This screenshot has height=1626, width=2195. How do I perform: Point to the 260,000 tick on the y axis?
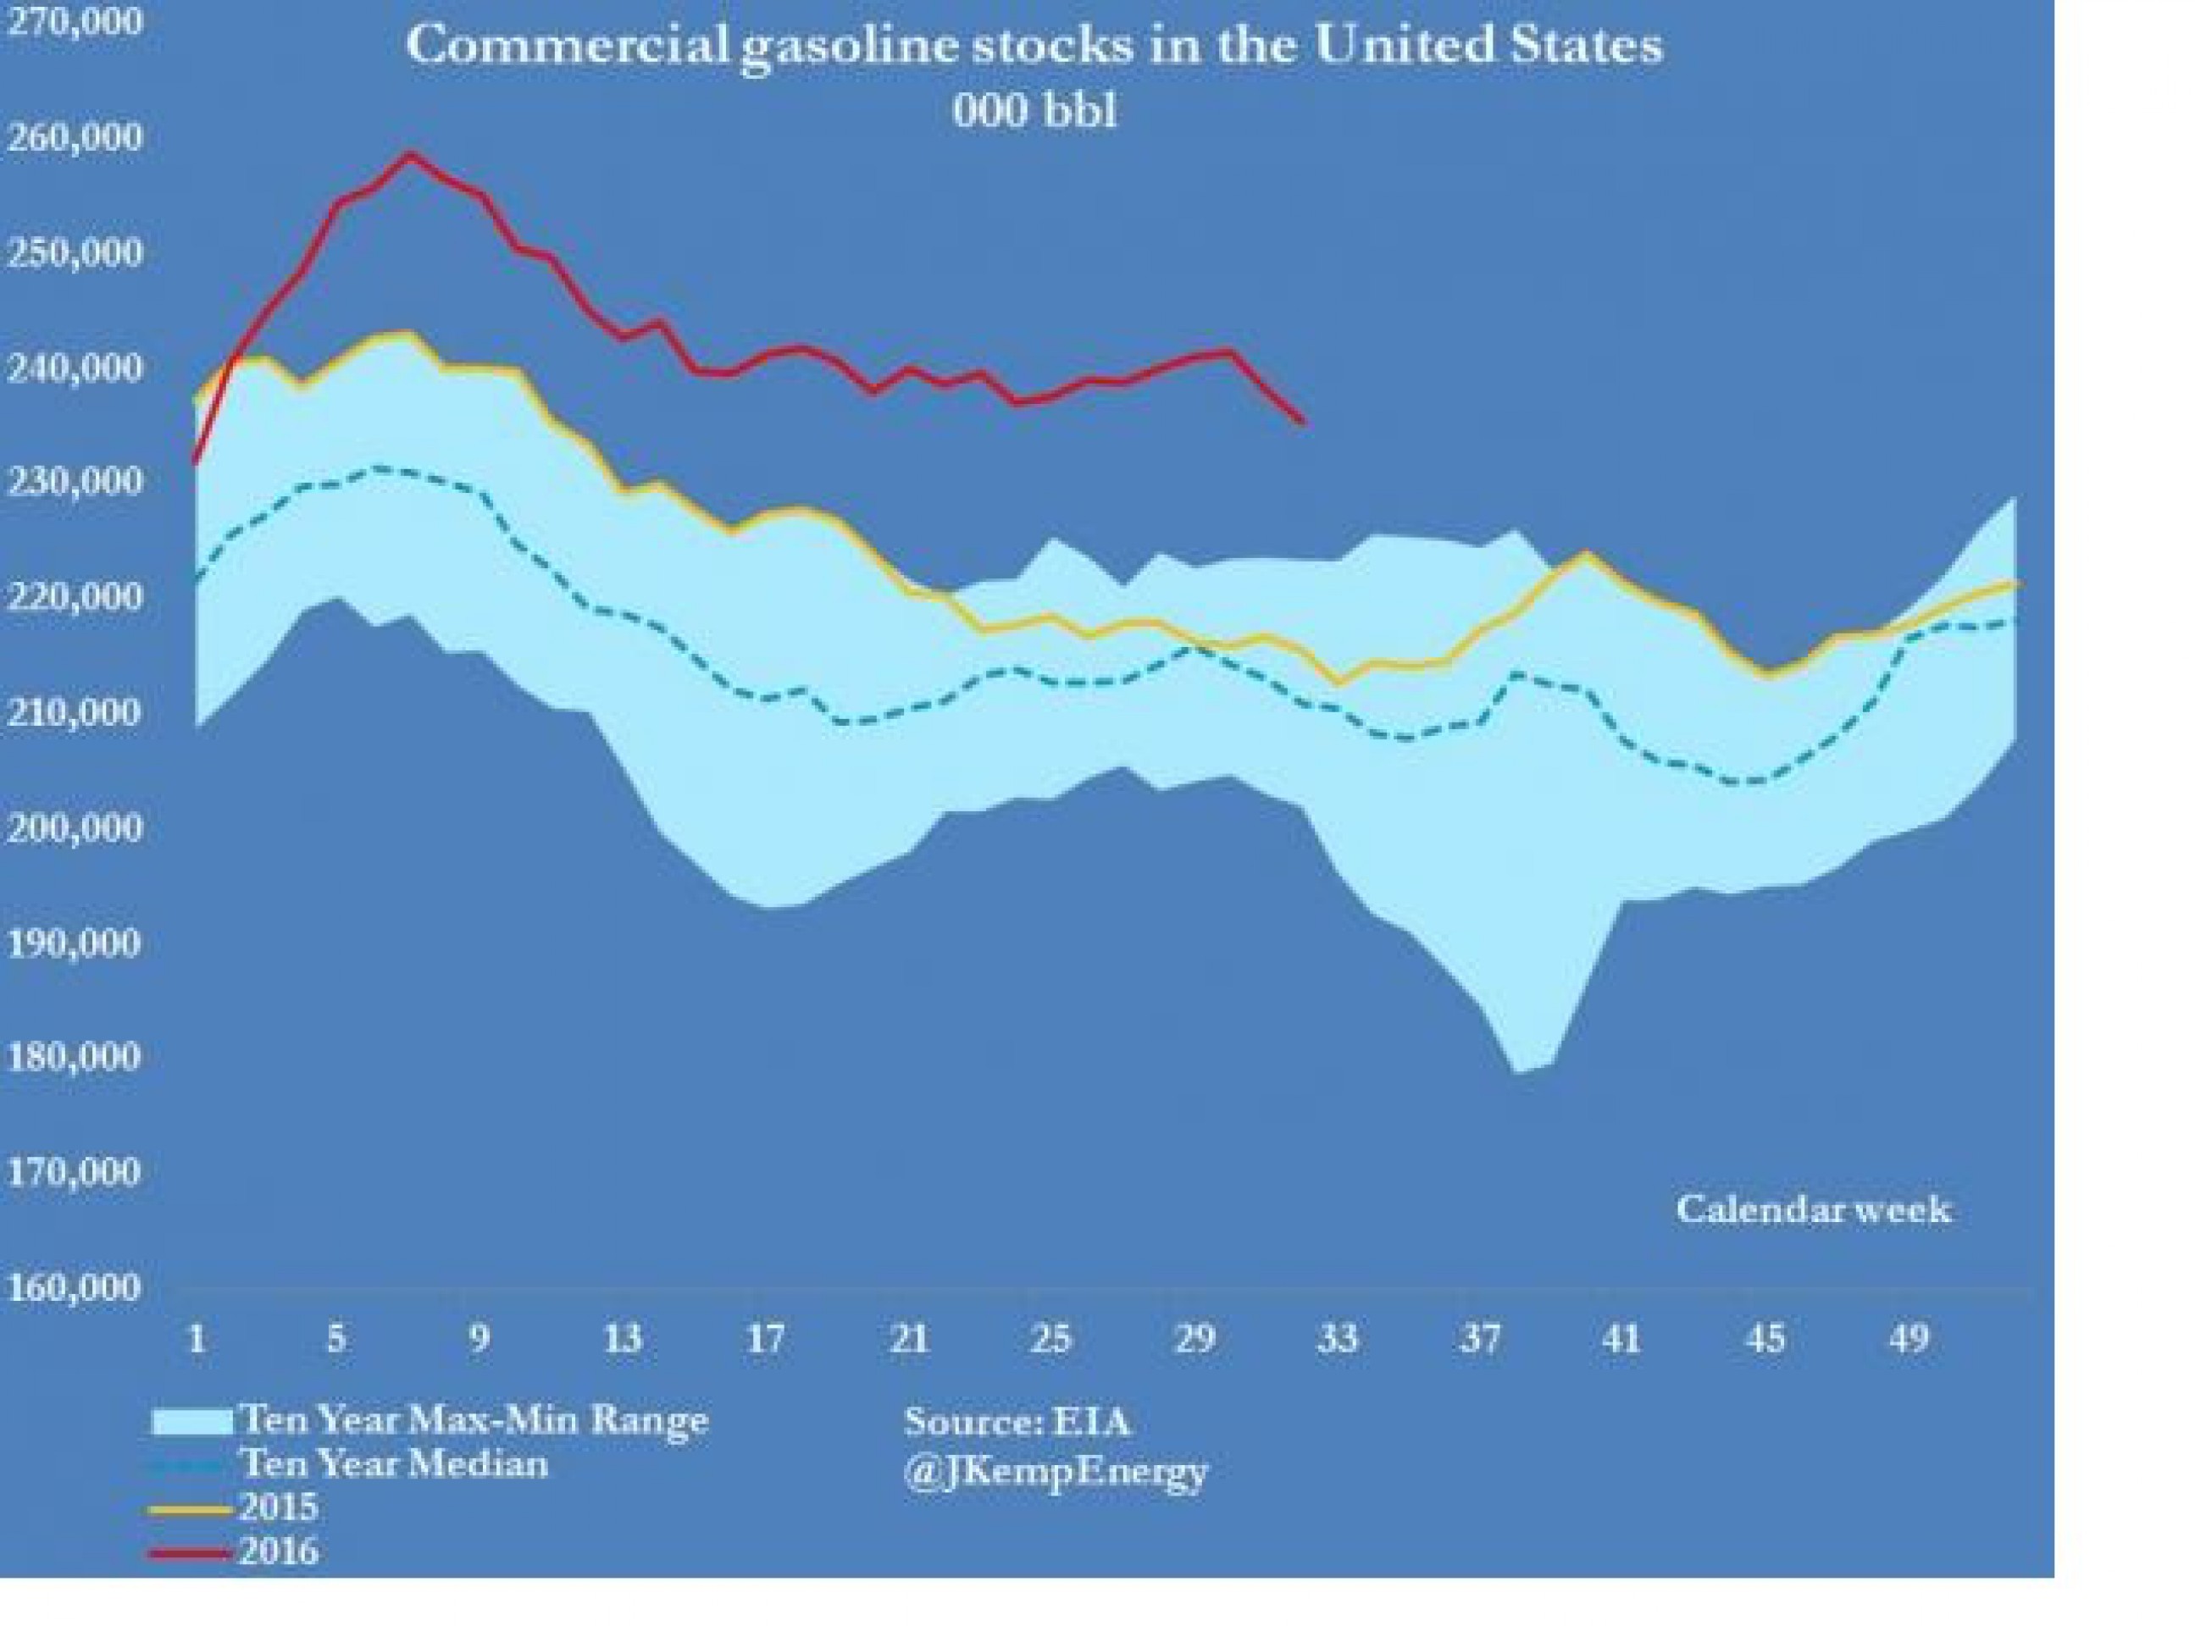75,138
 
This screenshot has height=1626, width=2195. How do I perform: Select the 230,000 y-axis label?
75,482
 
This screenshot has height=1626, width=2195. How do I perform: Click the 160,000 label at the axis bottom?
75,1287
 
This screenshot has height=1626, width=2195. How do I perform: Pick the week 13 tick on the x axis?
622,1340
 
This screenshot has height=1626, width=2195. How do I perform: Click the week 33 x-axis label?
1337,1340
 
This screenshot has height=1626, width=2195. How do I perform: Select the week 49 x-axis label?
1908,1340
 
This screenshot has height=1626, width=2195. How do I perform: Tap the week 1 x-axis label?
197,1340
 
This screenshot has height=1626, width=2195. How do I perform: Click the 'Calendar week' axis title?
1813,1208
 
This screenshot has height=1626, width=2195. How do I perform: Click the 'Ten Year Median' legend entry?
394,1463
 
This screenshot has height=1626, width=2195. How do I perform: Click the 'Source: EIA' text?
1017,1421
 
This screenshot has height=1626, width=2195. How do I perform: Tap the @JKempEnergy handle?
1056,1473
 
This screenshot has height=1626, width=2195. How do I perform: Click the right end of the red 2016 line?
1303,423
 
